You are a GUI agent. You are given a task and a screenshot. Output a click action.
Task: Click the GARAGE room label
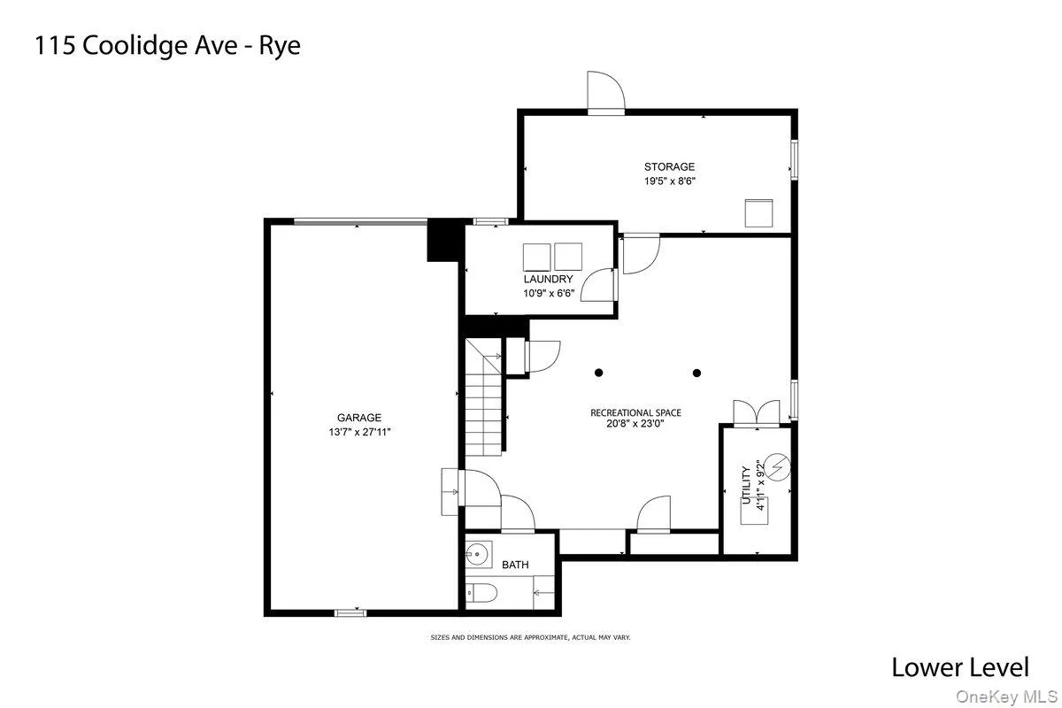(358, 418)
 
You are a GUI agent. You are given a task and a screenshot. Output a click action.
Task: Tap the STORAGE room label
(669, 166)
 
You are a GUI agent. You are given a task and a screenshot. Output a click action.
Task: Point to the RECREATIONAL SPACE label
(636, 412)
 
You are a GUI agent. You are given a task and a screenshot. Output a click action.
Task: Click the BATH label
(515, 565)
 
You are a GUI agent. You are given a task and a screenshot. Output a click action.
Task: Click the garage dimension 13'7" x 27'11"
(358, 433)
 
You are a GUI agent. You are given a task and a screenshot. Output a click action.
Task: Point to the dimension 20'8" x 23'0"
(635, 424)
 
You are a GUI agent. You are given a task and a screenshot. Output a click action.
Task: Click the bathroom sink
(478, 555)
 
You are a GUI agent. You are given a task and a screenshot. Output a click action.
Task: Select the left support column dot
(599, 373)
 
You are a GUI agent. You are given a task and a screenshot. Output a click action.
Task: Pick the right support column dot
(696, 373)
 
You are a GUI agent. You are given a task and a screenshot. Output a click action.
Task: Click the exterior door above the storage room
(606, 93)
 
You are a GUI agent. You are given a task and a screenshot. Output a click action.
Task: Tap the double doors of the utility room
(757, 414)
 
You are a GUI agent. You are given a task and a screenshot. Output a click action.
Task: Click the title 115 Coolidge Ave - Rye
(167, 46)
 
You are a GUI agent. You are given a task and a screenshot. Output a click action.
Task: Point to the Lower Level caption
(960, 666)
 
